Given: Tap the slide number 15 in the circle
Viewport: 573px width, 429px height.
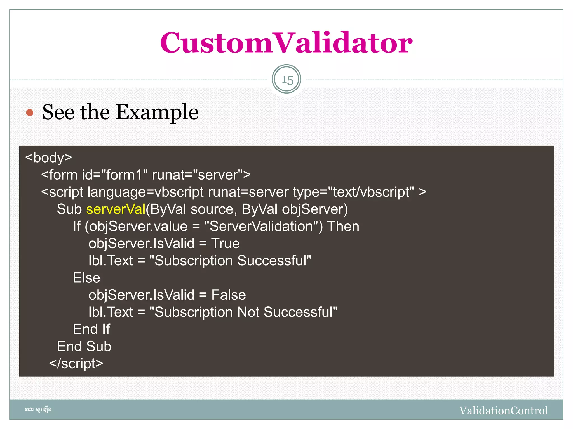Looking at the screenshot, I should coord(287,80).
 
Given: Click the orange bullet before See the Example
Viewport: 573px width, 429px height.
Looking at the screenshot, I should coord(30,113).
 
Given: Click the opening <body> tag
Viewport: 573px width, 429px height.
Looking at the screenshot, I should coord(49,158).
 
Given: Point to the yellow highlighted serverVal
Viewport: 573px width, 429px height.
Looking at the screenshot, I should coord(116,209).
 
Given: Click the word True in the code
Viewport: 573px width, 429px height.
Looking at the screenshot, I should coord(226,243).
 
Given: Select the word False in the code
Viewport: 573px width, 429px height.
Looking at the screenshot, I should coord(229,295).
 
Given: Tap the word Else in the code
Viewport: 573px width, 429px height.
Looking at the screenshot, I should coord(86,278).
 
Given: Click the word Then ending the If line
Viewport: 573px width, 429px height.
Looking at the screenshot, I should coord(343,226).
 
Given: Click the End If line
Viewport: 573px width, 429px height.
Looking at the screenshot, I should coord(91,329).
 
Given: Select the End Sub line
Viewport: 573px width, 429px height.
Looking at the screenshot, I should coord(84,346).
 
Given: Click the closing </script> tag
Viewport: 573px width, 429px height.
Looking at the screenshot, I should coord(76,364).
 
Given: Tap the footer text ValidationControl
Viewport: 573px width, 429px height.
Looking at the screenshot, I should coord(503,411).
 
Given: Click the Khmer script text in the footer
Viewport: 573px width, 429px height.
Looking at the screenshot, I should coord(38,410).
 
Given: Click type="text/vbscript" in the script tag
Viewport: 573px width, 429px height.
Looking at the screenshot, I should coord(353,192).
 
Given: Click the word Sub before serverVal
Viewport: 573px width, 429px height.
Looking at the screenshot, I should coord(69,209).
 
